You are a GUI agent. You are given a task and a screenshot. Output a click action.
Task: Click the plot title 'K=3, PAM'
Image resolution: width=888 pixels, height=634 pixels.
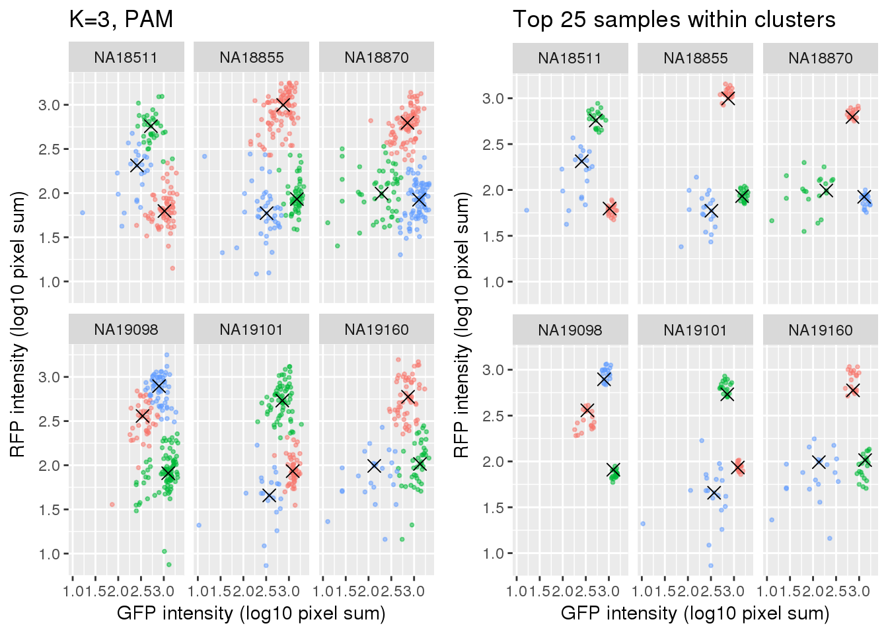pyautogui.click(x=121, y=20)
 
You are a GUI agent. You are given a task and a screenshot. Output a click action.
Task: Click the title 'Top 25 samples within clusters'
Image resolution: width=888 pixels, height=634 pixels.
pyautogui.click(x=674, y=20)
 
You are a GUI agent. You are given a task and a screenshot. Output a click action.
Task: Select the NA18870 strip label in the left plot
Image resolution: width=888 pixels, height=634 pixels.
pyautogui.click(x=377, y=57)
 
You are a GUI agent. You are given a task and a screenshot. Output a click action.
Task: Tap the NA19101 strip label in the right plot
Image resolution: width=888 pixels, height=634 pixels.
pyautogui.click(x=695, y=330)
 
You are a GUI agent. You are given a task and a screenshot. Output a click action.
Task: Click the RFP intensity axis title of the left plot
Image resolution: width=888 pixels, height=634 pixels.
pyautogui.click(x=18, y=324)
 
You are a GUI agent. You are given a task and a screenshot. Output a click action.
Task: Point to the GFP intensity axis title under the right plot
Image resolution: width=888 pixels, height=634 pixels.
pyautogui.click(x=695, y=614)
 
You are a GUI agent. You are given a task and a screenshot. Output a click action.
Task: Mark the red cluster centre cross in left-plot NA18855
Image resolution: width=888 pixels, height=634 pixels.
pyautogui.click(x=283, y=105)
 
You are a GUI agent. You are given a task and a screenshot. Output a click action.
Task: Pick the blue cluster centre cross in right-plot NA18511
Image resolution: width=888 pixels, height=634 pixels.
pyautogui.click(x=581, y=160)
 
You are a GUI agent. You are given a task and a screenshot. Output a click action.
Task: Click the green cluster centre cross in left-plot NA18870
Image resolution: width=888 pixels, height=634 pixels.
pyautogui.click(x=381, y=193)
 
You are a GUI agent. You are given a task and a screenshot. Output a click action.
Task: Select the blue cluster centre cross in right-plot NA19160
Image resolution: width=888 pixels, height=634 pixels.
pyautogui.click(x=819, y=462)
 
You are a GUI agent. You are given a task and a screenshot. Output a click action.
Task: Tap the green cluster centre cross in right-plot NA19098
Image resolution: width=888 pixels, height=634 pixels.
pyautogui.click(x=614, y=470)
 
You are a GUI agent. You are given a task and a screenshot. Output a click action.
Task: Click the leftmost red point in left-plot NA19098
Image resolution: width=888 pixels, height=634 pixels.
pyautogui.click(x=112, y=505)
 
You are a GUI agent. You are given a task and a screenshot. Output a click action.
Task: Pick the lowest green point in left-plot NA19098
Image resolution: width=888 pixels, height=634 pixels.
pyautogui.click(x=169, y=565)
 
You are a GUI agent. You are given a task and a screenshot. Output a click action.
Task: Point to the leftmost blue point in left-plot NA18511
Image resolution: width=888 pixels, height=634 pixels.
pyautogui.click(x=83, y=213)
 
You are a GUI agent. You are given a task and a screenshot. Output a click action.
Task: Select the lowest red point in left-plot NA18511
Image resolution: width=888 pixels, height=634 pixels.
pyautogui.click(x=172, y=268)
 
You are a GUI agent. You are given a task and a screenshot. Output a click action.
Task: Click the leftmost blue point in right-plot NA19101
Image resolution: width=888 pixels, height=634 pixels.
pyautogui.click(x=643, y=524)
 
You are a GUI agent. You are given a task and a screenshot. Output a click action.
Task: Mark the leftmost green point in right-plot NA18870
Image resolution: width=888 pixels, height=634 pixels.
pyautogui.click(x=772, y=221)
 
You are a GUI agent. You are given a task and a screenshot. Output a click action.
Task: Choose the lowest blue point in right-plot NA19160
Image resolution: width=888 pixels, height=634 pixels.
pyautogui.click(x=830, y=538)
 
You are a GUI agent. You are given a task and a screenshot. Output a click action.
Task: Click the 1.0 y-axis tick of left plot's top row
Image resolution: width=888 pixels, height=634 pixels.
pyautogui.click(x=50, y=282)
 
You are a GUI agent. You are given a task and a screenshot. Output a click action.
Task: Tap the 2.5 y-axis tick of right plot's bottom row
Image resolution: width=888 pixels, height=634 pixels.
pyautogui.click(x=494, y=416)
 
